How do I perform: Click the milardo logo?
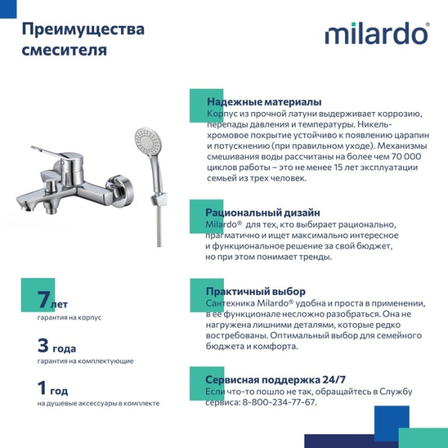(x=376, y=34)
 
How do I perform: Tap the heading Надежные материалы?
(x=264, y=102)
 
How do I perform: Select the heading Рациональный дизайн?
(x=262, y=212)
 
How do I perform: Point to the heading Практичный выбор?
(x=255, y=291)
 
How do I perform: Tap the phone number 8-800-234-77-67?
(x=279, y=402)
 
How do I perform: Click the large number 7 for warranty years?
(x=43, y=300)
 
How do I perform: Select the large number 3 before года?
(x=43, y=345)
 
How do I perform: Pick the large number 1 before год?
(x=43, y=388)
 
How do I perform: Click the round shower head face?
(x=146, y=139)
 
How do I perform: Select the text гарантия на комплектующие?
(x=85, y=361)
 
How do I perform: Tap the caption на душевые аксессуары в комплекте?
(x=98, y=403)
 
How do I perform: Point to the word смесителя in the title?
(x=64, y=51)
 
